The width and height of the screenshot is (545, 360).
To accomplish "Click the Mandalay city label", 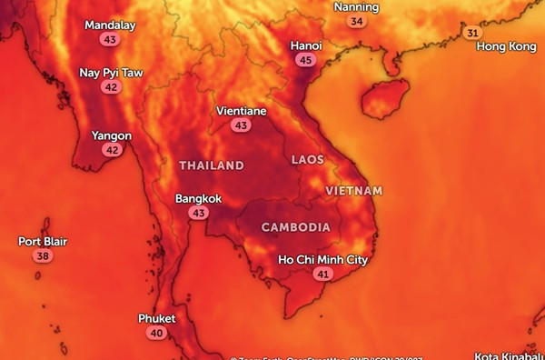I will point(110,25).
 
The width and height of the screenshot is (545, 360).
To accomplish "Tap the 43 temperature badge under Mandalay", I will point(110,40).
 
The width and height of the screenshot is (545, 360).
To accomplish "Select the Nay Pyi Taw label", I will point(111,73).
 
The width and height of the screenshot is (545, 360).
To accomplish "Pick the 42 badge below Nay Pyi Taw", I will point(111,87).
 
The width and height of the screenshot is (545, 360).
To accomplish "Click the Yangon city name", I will point(112,136).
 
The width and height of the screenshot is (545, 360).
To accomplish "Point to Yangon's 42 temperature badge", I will point(112,151).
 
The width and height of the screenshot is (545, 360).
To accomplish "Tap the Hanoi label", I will point(305,45).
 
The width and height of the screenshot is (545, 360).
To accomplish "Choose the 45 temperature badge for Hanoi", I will point(305,60).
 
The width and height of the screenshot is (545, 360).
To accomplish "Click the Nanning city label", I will point(356,7).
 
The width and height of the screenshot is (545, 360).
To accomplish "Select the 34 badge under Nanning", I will point(356,21).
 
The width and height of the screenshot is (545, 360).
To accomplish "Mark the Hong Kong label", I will point(506,46).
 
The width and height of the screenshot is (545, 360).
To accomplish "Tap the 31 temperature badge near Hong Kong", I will point(471,33).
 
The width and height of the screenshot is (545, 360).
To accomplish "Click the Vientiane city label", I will point(241,111).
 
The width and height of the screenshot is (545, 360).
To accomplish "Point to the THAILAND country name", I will point(211,165).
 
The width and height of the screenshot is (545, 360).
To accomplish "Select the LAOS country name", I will point(307,160).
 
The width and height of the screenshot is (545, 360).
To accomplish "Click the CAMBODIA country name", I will point(295,226).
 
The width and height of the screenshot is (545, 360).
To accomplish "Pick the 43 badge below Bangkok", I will point(198,213).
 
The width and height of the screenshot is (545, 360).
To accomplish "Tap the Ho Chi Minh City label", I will point(322,260).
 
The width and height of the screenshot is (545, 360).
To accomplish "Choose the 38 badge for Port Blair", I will point(43,256).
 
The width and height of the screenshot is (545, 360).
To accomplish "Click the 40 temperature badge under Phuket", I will point(156,334).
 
